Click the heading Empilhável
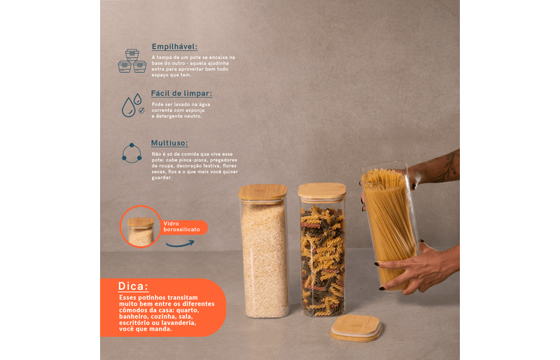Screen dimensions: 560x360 tap(174, 46)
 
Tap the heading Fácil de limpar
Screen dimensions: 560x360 tap(181, 93)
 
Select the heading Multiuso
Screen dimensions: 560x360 tap(169, 143)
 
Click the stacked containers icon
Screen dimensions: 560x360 tap(132, 61)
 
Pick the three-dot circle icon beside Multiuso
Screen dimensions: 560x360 tap(132, 153)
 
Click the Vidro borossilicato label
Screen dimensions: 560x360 tap(181, 227)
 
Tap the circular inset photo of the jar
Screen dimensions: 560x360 tap(141, 227)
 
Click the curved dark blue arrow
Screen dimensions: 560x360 tap(180, 244)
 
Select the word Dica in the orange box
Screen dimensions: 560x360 tap(133, 286)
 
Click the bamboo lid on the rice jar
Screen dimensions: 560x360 tap(263, 193)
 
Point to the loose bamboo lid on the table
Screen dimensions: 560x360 tap(356, 328)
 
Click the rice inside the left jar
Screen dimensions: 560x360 tap(265, 261)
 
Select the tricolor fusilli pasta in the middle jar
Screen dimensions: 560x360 tap(323, 261)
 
